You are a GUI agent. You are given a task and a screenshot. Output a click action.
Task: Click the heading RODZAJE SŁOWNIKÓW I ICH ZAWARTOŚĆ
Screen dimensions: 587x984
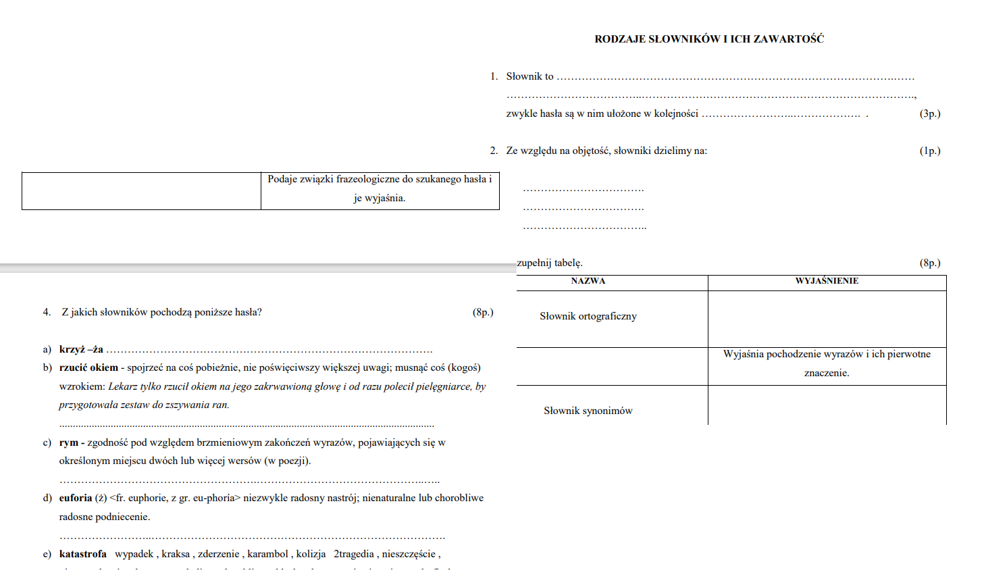click(708, 39)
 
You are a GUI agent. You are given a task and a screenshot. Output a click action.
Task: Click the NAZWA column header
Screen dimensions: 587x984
click(588, 281)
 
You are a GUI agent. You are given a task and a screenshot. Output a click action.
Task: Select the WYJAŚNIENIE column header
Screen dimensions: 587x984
click(827, 281)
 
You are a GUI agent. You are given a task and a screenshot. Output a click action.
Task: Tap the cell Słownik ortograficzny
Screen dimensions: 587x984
click(588, 316)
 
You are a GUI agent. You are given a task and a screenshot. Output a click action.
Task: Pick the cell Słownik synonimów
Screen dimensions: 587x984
click(588, 411)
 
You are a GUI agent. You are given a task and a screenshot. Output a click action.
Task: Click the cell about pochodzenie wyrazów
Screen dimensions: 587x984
click(827, 363)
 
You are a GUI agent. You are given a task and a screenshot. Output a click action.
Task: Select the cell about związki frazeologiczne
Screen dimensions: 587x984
click(380, 188)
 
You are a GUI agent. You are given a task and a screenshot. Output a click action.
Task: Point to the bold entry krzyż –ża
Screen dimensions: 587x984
click(81, 349)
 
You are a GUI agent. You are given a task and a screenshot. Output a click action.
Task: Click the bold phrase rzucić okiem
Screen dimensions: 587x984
click(88, 367)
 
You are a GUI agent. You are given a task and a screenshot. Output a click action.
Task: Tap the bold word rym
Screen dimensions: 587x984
click(68, 442)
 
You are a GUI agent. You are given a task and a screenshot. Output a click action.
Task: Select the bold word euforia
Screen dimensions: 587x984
click(76, 498)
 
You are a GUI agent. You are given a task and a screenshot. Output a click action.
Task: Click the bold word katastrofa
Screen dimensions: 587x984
click(83, 554)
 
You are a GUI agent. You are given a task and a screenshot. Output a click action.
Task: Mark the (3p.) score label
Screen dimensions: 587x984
click(929, 113)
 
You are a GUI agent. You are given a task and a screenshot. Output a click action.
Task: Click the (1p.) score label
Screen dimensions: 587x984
click(929, 151)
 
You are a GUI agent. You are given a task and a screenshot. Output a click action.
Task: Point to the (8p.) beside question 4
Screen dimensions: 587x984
click(483, 312)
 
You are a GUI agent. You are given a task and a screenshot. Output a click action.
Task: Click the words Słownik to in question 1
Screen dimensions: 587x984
click(529, 76)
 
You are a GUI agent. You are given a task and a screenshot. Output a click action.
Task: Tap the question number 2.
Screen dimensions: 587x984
click(494, 151)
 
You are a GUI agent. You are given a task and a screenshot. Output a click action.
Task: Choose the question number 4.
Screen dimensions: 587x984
click(47, 312)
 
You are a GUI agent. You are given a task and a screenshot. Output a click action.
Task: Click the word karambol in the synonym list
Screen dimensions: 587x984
click(267, 554)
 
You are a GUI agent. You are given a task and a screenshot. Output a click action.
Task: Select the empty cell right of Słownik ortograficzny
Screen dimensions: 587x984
click(827, 319)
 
